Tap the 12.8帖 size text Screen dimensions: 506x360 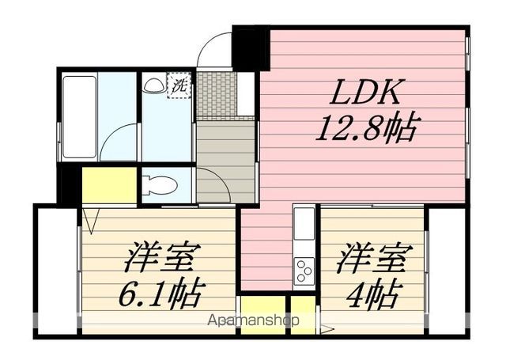365,127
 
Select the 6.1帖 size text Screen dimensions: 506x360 162,292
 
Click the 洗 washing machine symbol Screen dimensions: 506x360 179,85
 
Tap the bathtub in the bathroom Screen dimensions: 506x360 79,117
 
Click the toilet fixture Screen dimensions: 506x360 160,185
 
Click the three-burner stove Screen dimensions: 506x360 304,270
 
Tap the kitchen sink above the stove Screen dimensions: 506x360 304,223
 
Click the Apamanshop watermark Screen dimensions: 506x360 253,320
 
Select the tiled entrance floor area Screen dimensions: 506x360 216,94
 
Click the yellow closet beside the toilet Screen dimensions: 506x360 109,185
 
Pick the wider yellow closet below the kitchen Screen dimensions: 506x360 263,316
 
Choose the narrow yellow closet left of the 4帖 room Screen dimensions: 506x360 303,316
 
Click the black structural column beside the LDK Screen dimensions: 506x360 251,48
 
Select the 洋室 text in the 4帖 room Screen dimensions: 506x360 374,258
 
